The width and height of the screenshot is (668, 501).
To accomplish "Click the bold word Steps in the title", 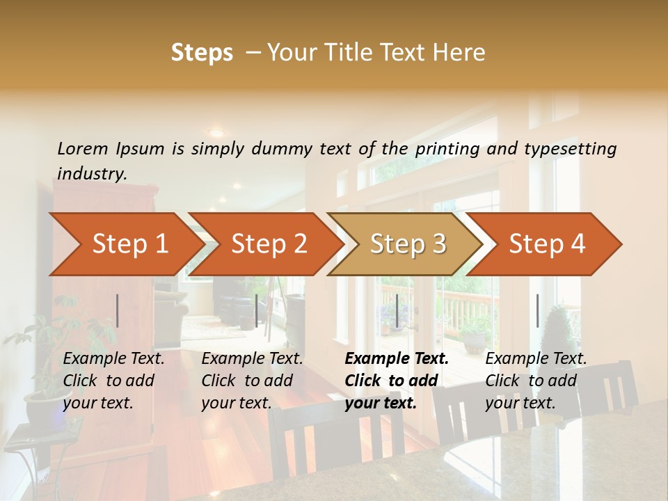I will (202, 53).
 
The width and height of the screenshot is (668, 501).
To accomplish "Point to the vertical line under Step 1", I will (118, 310).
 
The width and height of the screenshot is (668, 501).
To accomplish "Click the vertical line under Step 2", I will (257, 310).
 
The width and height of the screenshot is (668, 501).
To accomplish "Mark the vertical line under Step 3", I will (397, 310).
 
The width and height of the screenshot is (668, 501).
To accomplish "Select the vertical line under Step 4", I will (538, 310).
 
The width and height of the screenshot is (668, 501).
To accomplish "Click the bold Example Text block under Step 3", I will (397, 381).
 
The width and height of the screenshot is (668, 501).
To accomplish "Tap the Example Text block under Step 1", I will (114, 381).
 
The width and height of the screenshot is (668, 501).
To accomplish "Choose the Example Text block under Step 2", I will (253, 381).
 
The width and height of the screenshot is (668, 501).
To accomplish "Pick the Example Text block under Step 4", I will (536, 381).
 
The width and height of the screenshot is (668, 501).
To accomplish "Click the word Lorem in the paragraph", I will (83, 149).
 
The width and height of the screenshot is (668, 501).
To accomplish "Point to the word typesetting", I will (570, 149).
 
